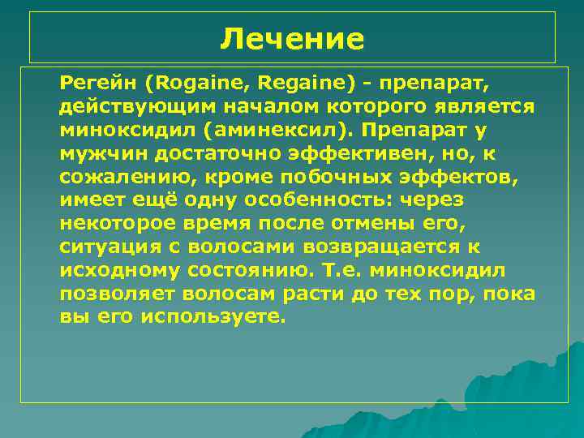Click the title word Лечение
click(x=292, y=38)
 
